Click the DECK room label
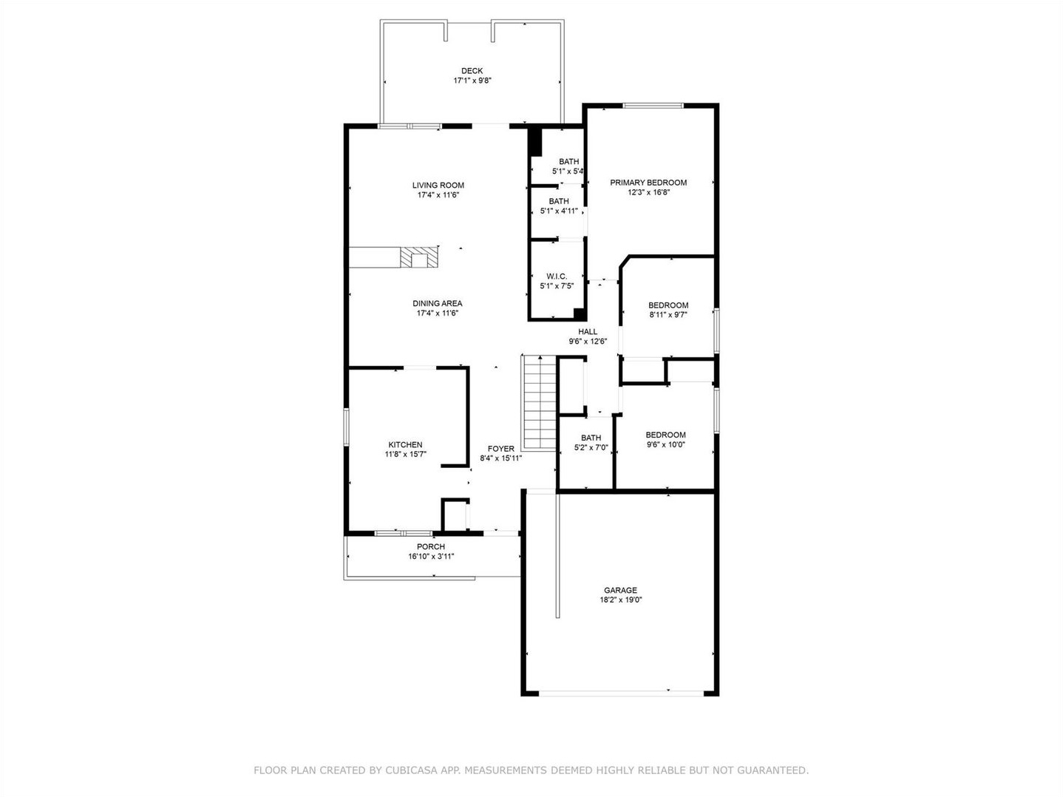pyautogui.click(x=472, y=71)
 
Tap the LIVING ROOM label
pyautogui.click(x=438, y=185)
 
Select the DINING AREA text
pyautogui.click(x=438, y=303)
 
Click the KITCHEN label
pyautogui.click(x=405, y=444)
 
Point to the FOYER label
pyautogui.click(x=500, y=448)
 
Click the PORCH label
pyautogui.click(x=430, y=546)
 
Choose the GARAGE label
pyautogui.click(x=620, y=590)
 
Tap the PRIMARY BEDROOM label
pyautogui.click(x=648, y=183)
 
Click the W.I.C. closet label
pyautogui.click(x=557, y=276)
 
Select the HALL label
pyautogui.click(x=588, y=332)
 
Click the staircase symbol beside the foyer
pyautogui.click(x=539, y=402)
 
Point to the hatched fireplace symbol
pyautogui.click(x=419, y=257)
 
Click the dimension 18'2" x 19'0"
pyautogui.click(x=620, y=600)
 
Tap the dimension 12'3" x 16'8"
pyautogui.click(x=648, y=192)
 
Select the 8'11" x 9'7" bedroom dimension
pyautogui.click(x=668, y=315)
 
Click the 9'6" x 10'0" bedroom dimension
pyautogui.click(x=666, y=444)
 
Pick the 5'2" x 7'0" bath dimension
pyautogui.click(x=591, y=448)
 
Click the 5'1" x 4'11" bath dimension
pyautogui.click(x=559, y=211)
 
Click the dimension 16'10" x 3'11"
pyautogui.click(x=431, y=557)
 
